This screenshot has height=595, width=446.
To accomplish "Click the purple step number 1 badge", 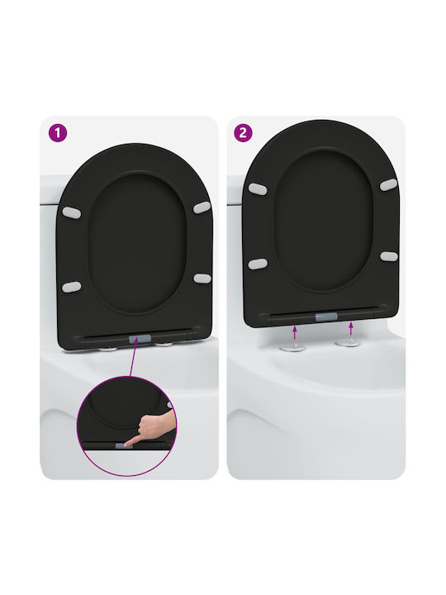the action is tap(58, 133).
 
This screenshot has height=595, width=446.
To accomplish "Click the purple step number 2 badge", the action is tap(243, 133).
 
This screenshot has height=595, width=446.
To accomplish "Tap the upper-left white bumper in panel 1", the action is tap(72, 213).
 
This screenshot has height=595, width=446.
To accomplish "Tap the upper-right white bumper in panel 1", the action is tap(202, 207).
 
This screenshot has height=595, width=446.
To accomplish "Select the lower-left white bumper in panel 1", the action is tap(71, 287).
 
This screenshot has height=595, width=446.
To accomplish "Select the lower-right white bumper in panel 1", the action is tap(202, 278).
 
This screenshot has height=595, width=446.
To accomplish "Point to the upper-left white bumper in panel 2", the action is tap(258, 188).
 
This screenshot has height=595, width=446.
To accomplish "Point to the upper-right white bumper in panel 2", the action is tap(389, 185).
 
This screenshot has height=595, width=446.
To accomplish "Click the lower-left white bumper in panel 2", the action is tap(258, 264).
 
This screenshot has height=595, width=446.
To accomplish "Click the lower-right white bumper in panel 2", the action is tap(389, 256).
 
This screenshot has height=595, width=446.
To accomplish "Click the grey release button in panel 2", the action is tap(326, 317).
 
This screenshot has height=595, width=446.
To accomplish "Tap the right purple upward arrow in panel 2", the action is tap(351, 329).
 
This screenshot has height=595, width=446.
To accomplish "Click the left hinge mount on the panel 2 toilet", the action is tap(292, 348).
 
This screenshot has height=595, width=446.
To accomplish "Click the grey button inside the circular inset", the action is tap(124, 445).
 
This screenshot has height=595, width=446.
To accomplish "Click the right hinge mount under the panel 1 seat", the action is tap(164, 345).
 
